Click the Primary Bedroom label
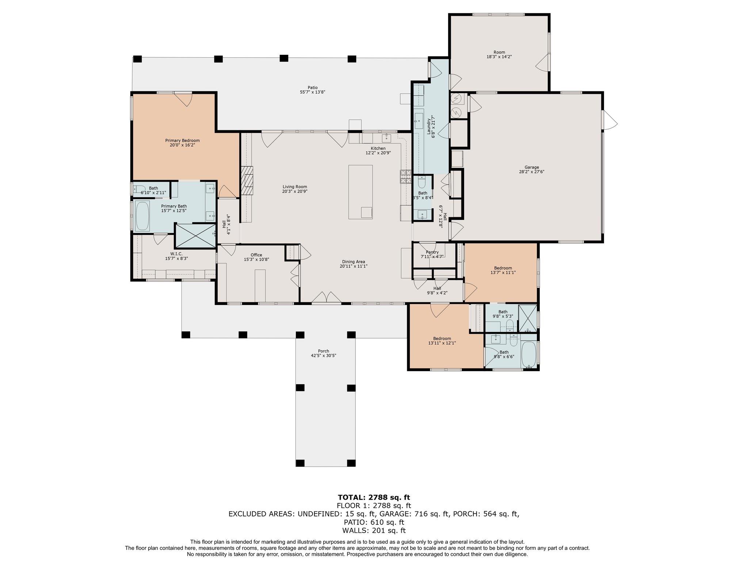[182, 141]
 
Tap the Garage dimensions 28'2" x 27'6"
[531, 172]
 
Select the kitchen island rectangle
[360, 192]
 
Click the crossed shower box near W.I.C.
[195, 236]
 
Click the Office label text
[256, 255]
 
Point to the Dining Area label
[353, 262]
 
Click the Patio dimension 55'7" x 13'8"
[312, 92]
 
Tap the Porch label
[323, 351]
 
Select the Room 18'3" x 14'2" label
[499, 52]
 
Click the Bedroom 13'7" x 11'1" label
[503, 268]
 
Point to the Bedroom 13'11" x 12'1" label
[442, 339]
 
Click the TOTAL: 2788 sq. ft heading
[374, 497]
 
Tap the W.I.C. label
[176, 254]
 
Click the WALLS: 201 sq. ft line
[374, 531]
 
